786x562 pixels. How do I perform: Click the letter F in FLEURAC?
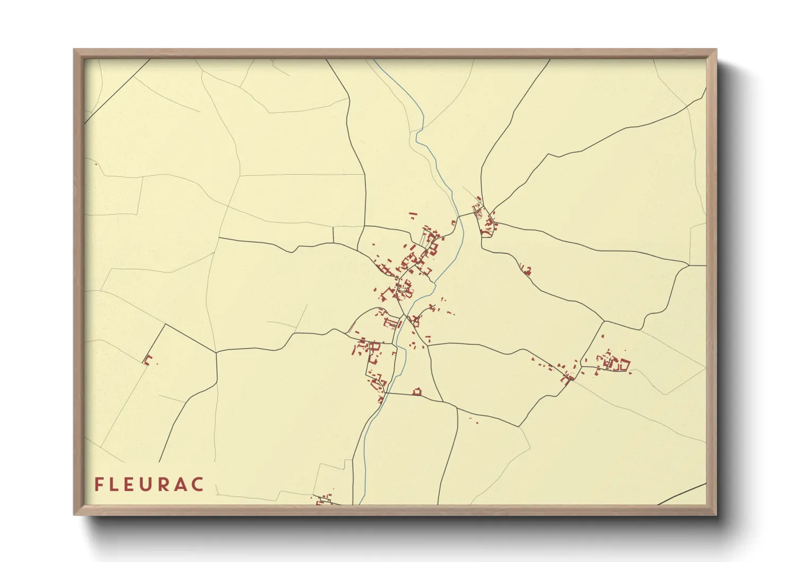(x=99, y=484)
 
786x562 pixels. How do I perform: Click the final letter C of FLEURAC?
(x=198, y=484)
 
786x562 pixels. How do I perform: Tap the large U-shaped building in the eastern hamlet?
(x=621, y=365)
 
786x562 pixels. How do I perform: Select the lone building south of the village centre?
(x=417, y=392)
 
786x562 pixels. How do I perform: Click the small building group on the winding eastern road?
(x=526, y=270)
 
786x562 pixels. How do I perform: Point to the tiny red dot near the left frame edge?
(x=96, y=164)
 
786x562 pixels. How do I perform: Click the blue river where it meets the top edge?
(x=375, y=60)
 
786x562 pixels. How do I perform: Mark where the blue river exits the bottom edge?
(x=360, y=503)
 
